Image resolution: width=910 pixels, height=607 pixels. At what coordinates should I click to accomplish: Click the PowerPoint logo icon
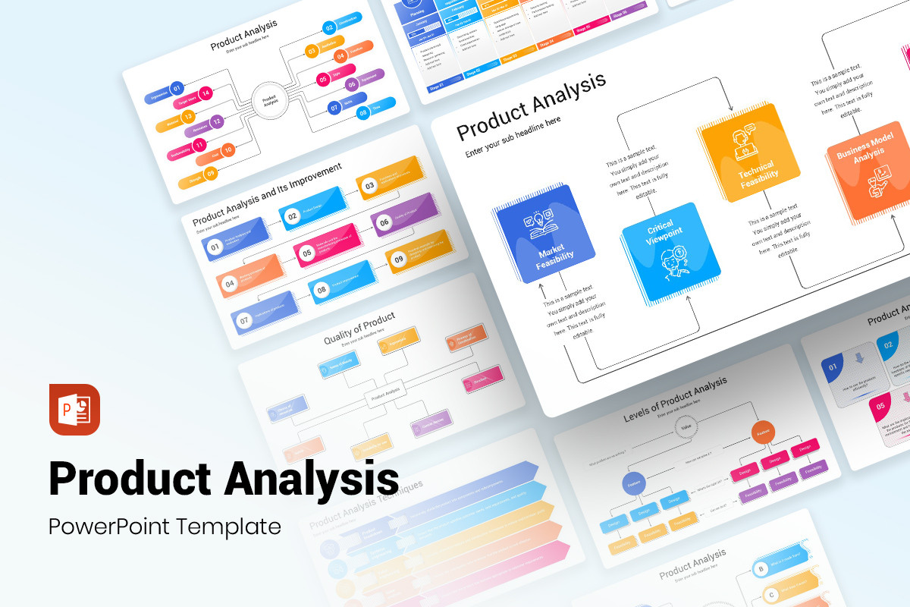point(74,410)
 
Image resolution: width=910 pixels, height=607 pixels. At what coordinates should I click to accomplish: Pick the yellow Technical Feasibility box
point(749,153)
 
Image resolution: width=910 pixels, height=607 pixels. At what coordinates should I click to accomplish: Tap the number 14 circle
point(205,93)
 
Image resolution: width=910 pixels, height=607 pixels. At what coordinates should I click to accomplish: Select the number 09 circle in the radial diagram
point(211,173)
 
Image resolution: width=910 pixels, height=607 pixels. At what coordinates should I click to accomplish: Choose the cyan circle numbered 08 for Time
point(364,112)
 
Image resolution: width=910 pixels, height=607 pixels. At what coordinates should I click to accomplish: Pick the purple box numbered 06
point(384,222)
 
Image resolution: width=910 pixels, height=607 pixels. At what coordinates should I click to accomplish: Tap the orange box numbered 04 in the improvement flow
point(230,285)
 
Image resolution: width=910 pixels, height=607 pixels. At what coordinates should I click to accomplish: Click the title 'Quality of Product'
point(359,328)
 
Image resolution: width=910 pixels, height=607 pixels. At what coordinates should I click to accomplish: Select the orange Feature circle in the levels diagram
point(763,432)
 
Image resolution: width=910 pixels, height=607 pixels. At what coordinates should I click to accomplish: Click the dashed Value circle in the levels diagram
point(686,427)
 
